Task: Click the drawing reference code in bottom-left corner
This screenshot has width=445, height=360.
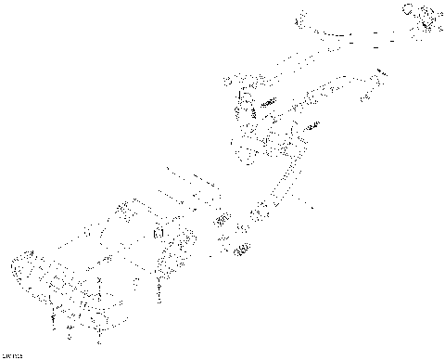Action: click(x=12, y=354)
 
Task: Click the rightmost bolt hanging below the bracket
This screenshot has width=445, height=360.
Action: click(x=160, y=294)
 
